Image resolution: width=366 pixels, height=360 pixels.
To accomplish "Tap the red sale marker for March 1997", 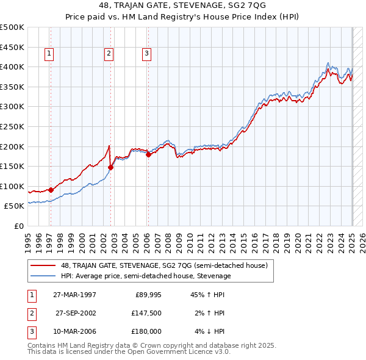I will [x=51, y=190].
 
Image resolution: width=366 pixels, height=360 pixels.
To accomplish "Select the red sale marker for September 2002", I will [x=110, y=167].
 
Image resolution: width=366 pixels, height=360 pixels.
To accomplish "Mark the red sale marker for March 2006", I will [x=148, y=154].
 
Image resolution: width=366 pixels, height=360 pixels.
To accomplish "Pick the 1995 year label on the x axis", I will [x=27, y=240].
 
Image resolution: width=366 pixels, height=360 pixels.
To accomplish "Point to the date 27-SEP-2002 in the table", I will [x=76, y=313].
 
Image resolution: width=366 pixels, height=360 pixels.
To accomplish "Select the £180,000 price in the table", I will [x=146, y=331].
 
